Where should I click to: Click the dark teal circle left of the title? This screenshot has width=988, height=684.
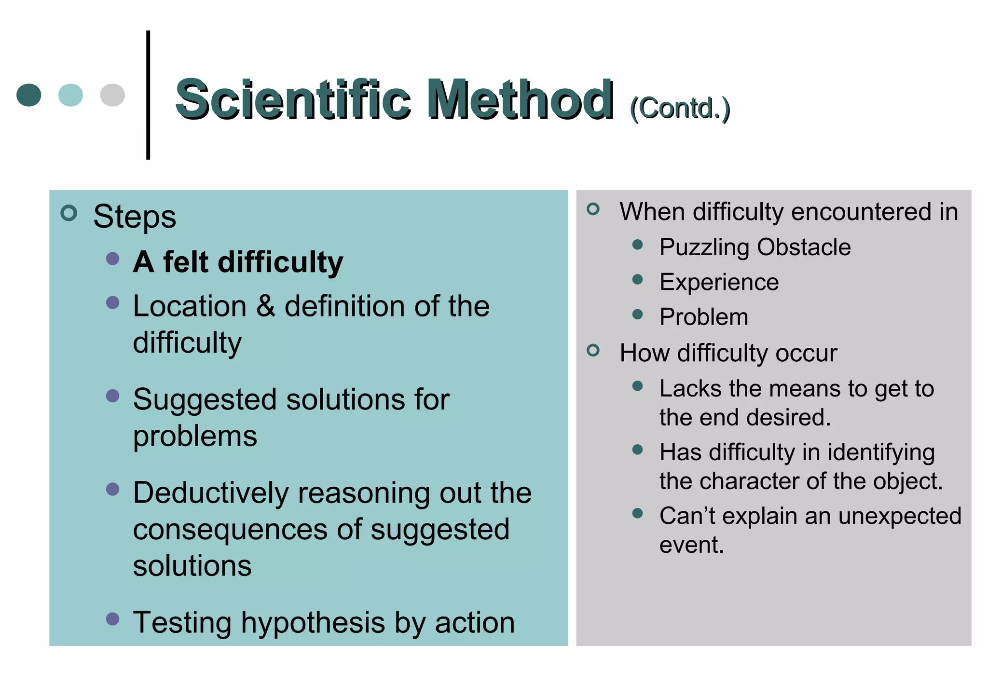point(29,95)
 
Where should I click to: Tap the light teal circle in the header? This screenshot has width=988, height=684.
point(70,95)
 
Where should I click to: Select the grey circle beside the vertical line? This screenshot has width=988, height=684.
point(112,95)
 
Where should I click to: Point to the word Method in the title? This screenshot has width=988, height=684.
point(521,100)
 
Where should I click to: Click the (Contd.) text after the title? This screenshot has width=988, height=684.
point(680,108)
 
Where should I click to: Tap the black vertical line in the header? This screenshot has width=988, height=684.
point(148,95)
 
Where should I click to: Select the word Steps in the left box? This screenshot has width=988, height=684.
point(135,217)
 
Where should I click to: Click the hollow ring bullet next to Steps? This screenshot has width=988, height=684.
point(69,213)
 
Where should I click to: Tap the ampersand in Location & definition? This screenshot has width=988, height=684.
point(265,306)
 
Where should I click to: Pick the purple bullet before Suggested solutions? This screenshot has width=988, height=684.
point(112,396)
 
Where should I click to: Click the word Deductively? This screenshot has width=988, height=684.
point(210,493)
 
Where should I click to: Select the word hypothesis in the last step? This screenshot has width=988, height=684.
point(313,622)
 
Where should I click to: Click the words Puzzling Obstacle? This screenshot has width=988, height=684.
point(755,247)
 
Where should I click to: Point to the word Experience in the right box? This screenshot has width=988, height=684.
point(719,282)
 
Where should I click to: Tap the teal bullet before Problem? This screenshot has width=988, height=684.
point(637,315)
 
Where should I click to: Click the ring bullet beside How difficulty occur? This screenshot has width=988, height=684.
point(593,350)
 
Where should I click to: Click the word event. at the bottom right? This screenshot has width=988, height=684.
point(692,545)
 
